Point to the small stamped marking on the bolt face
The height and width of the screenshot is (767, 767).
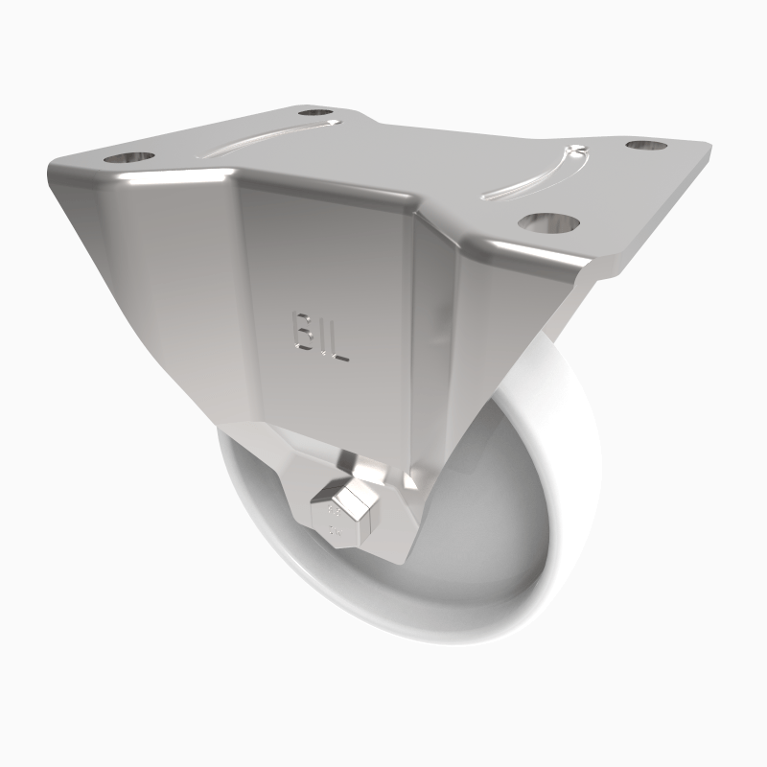tap(335, 522)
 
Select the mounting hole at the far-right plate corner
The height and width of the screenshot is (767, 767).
tap(647, 146)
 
